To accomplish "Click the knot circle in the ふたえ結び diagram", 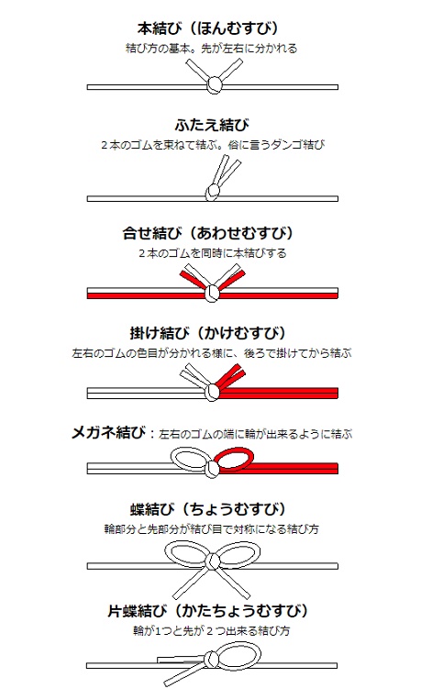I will [x=213, y=193].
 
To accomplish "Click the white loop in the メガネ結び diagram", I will [x=191, y=457].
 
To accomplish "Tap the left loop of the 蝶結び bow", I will [x=186, y=554].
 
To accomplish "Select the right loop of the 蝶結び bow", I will [x=240, y=554].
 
